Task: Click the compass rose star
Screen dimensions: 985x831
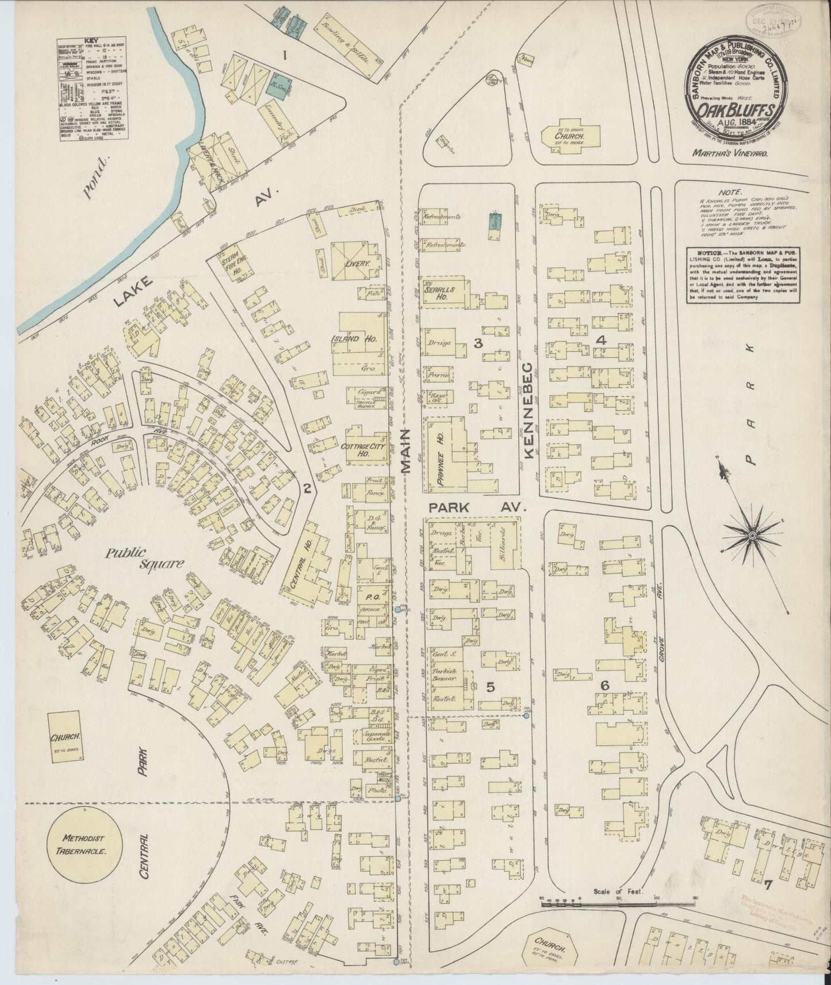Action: click(752, 535)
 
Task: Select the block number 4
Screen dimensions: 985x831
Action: click(602, 340)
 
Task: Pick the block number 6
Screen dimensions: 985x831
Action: click(604, 686)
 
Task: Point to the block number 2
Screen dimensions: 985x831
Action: click(308, 489)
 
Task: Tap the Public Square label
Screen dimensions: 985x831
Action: click(144, 558)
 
